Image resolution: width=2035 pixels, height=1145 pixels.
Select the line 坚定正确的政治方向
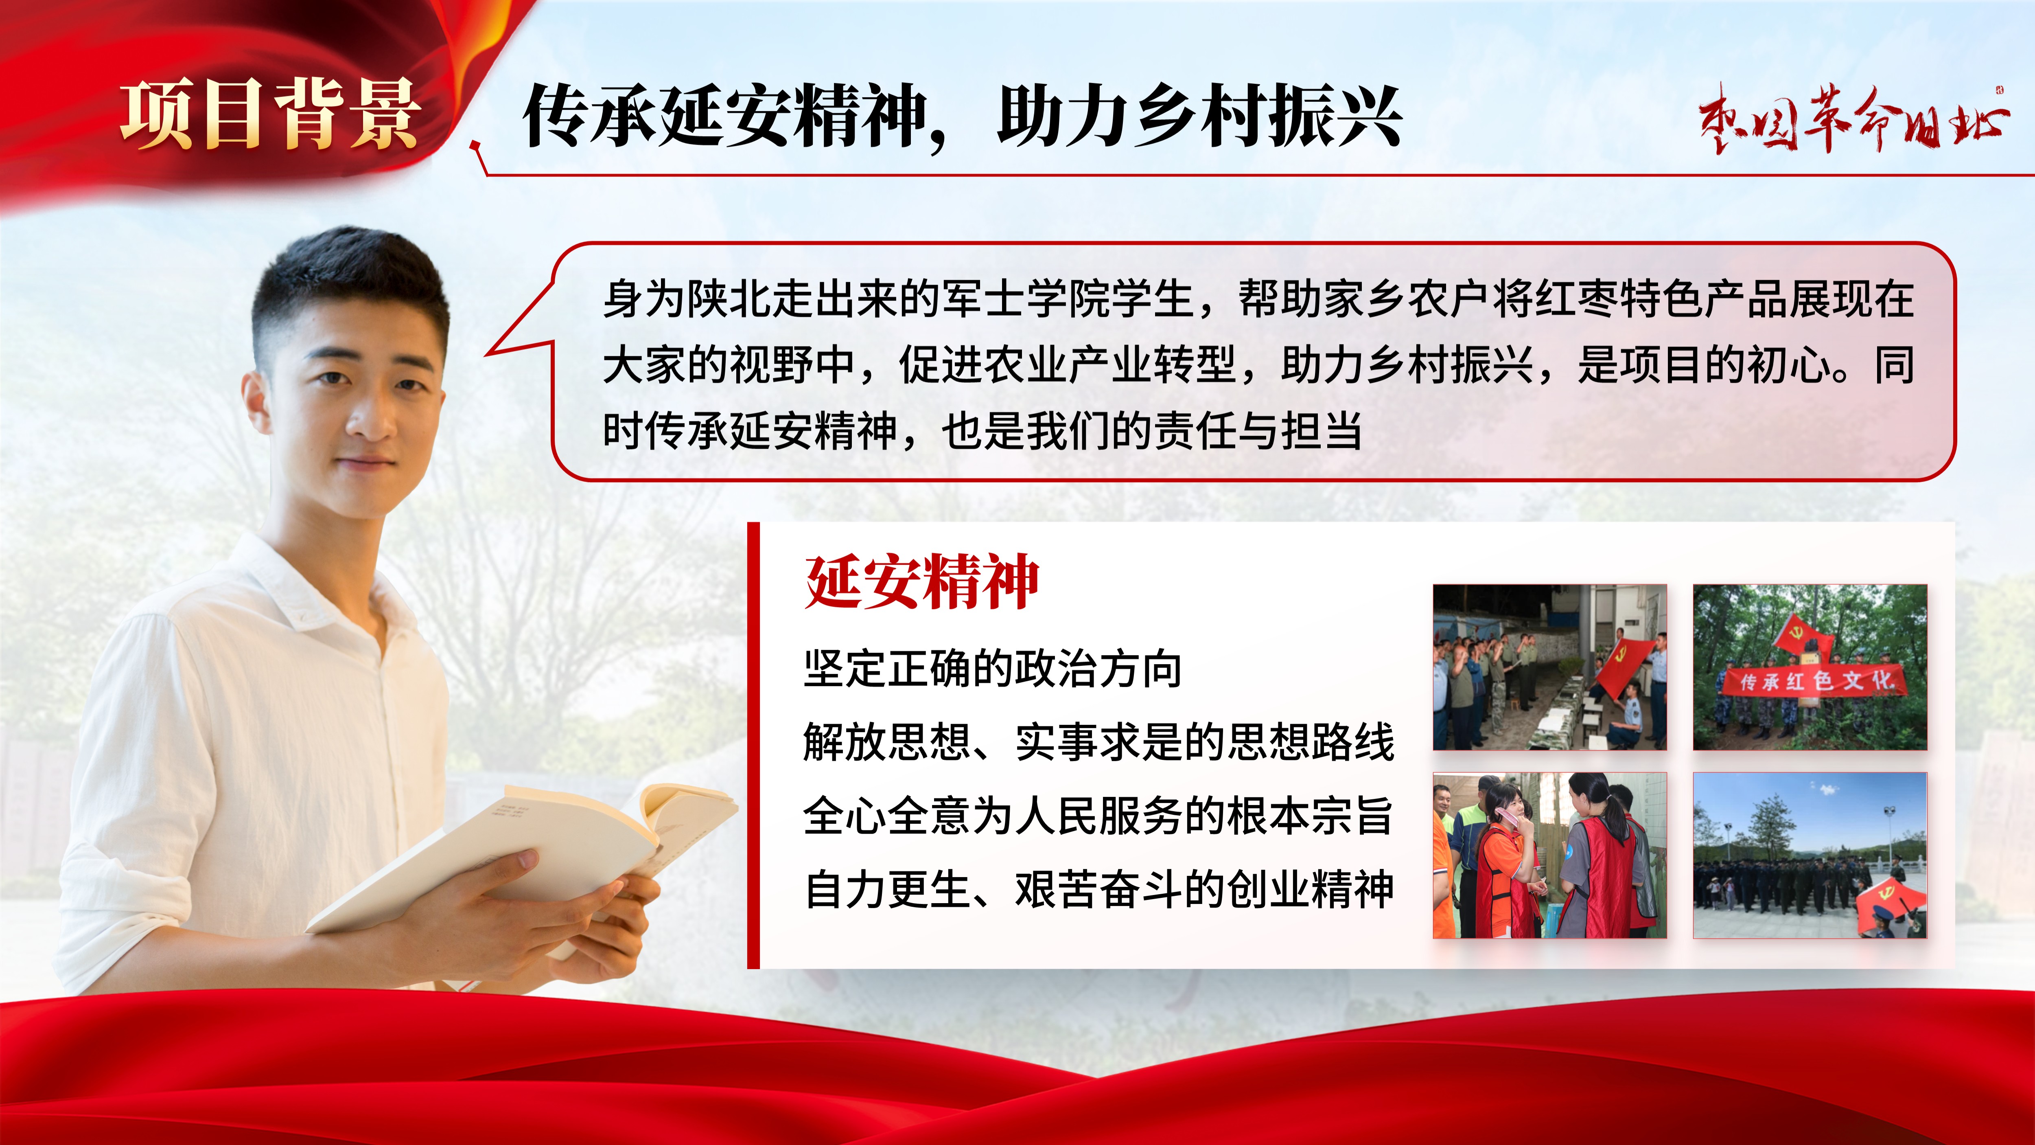click(992, 669)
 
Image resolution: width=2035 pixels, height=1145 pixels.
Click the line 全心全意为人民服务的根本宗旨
click(1098, 816)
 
